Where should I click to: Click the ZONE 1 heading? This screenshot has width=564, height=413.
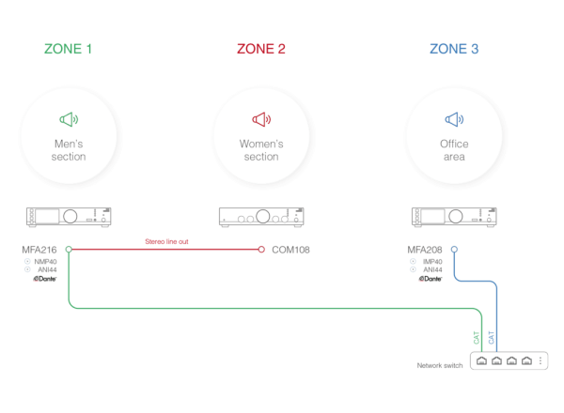pyautogui.click(x=68, y=49)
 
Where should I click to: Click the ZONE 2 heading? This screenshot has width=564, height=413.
pyautogui.click(x=261, y=49)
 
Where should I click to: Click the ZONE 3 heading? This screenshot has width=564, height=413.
pyautogui.click(x=454, y=49)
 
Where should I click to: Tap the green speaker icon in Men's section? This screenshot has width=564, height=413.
pyautogui.click(x=68, y=119)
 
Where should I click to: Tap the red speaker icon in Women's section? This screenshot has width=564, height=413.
pyautogui.click(x=261, y=119)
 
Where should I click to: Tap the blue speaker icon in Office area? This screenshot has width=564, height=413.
pyautogui.click(x=454, y=119)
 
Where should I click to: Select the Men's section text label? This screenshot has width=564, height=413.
pyautogui.click(x=69, y=150)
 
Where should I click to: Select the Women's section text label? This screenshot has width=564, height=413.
pyautogui.click(x=261, y=150)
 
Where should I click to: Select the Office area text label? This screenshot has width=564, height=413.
pyautogui.click(x=454, y=150)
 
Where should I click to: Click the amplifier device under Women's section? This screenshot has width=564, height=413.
pyautogui.click(x=261, y=217)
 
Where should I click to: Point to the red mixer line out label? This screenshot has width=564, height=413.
pyautogui.click(x=166, y=242)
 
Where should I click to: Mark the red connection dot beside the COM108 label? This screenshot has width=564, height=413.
pyautogui.click(x=261, y=250)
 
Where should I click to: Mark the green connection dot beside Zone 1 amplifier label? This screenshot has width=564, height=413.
pyautogui.click(x=69, y=250)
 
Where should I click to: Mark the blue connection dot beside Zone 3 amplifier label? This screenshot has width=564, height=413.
pyautogui.click(x=454, y=250)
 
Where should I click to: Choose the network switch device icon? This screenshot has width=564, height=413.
pyautogui.click(x=509, y=360)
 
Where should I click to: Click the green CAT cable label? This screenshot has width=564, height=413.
pyautogui.click(x=476, y=335)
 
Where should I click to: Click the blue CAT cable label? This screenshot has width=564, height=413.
pyautogui.click(x=491, y=335)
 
